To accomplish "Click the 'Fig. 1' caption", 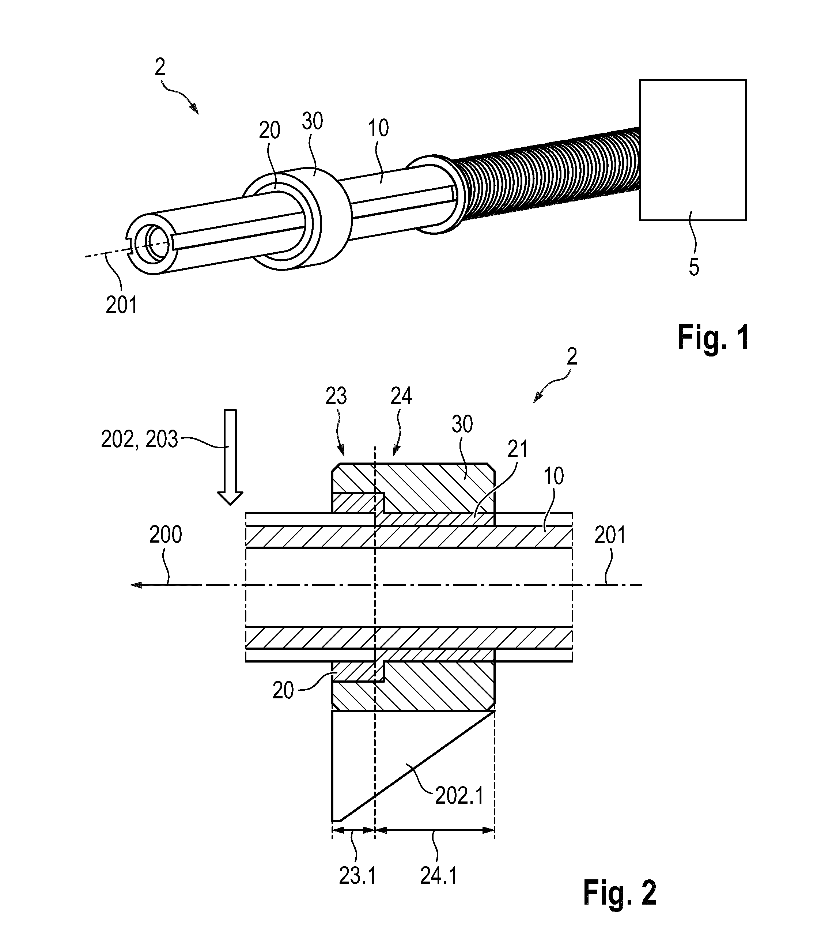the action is [x=713, y=337].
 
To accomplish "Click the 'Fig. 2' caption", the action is [x=620, y=893].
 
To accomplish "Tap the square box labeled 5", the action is [x=692, y=150].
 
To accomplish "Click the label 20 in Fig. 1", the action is [x=269, y=131].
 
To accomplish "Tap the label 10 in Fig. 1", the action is [x=378, y=128].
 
